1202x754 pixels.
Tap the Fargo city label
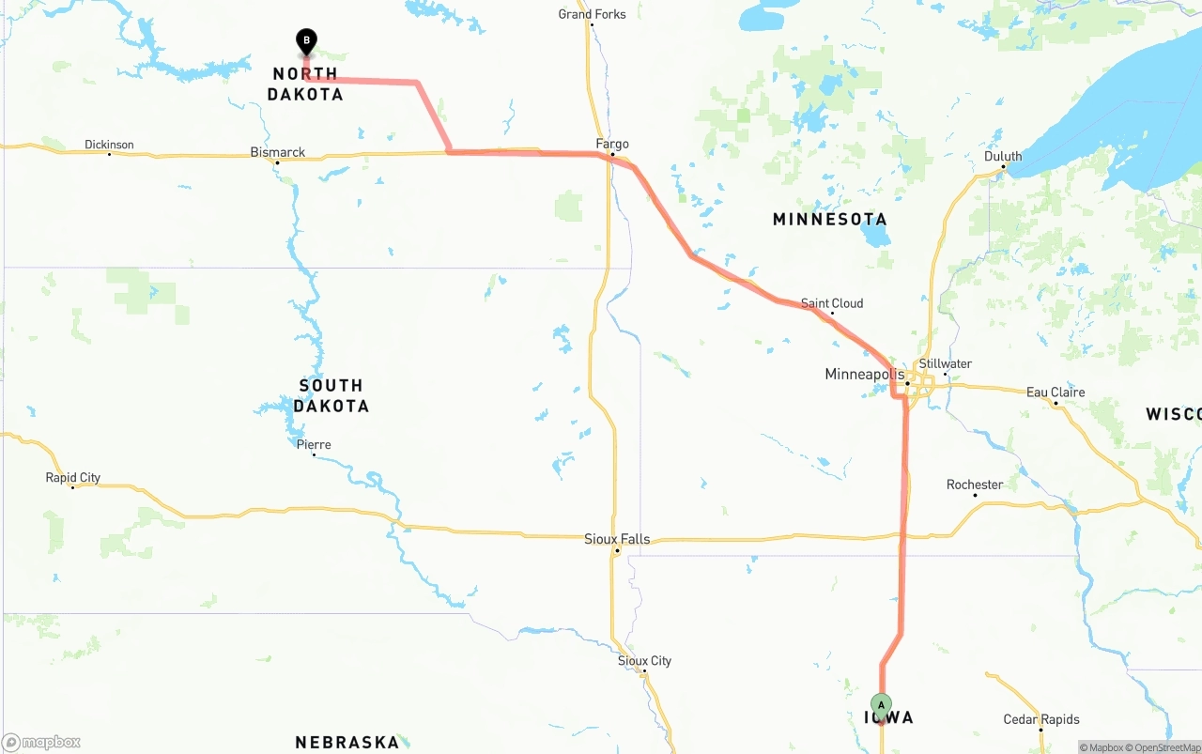click(612, 144)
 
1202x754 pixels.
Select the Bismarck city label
click(277, 152)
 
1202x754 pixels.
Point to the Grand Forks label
click(592, 14)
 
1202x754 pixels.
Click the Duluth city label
click(1003, 157)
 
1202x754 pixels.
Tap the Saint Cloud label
click(832, 303)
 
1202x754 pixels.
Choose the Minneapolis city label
click(864, 375)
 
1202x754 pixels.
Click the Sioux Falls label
click(617, 539)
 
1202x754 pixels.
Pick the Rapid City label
click(72, 478)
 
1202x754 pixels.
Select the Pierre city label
click(314, 444)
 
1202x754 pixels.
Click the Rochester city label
click(975, 485)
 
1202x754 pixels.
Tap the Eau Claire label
click(1056, 392)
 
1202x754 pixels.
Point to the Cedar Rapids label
click(1041, 719)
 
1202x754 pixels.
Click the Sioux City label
click(644, 661)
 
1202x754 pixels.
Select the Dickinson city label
click(109, 145)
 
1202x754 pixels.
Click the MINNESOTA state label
click(829, 220)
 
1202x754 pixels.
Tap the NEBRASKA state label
click(347, 743)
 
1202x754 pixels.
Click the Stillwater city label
click(946, 364)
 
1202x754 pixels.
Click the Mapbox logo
click(41, 743)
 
